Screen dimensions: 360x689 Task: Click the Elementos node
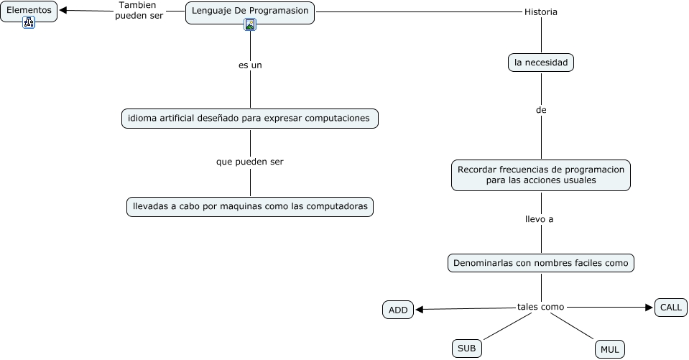point(29,11)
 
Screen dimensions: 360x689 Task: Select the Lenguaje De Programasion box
point(250,11)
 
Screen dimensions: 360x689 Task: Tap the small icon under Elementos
point(29,22)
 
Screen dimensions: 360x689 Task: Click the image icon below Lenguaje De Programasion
point(250,24)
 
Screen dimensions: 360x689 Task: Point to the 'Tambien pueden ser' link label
point(139,10)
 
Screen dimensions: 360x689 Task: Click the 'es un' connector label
point(250,65)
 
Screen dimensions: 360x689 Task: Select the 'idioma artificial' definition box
point(249,118)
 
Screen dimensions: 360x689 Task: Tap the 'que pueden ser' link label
point(250,162)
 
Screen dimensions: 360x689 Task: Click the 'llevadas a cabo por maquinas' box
point(250,206)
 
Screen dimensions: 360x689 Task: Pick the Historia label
point(541,12)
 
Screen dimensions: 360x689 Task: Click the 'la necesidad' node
point(541,63)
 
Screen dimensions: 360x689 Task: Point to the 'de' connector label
point(541,111)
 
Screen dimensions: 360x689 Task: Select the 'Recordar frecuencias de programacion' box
point(541,175)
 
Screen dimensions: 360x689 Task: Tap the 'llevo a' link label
point(540,219)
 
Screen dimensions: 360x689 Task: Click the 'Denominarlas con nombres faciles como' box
point(541,263)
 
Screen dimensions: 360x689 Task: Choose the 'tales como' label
point(541,307)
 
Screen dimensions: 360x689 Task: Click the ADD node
point(398,310)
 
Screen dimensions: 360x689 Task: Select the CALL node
point(671,307)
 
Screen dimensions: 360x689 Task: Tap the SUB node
point(467,349)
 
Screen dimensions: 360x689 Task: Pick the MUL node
point(610,349)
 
